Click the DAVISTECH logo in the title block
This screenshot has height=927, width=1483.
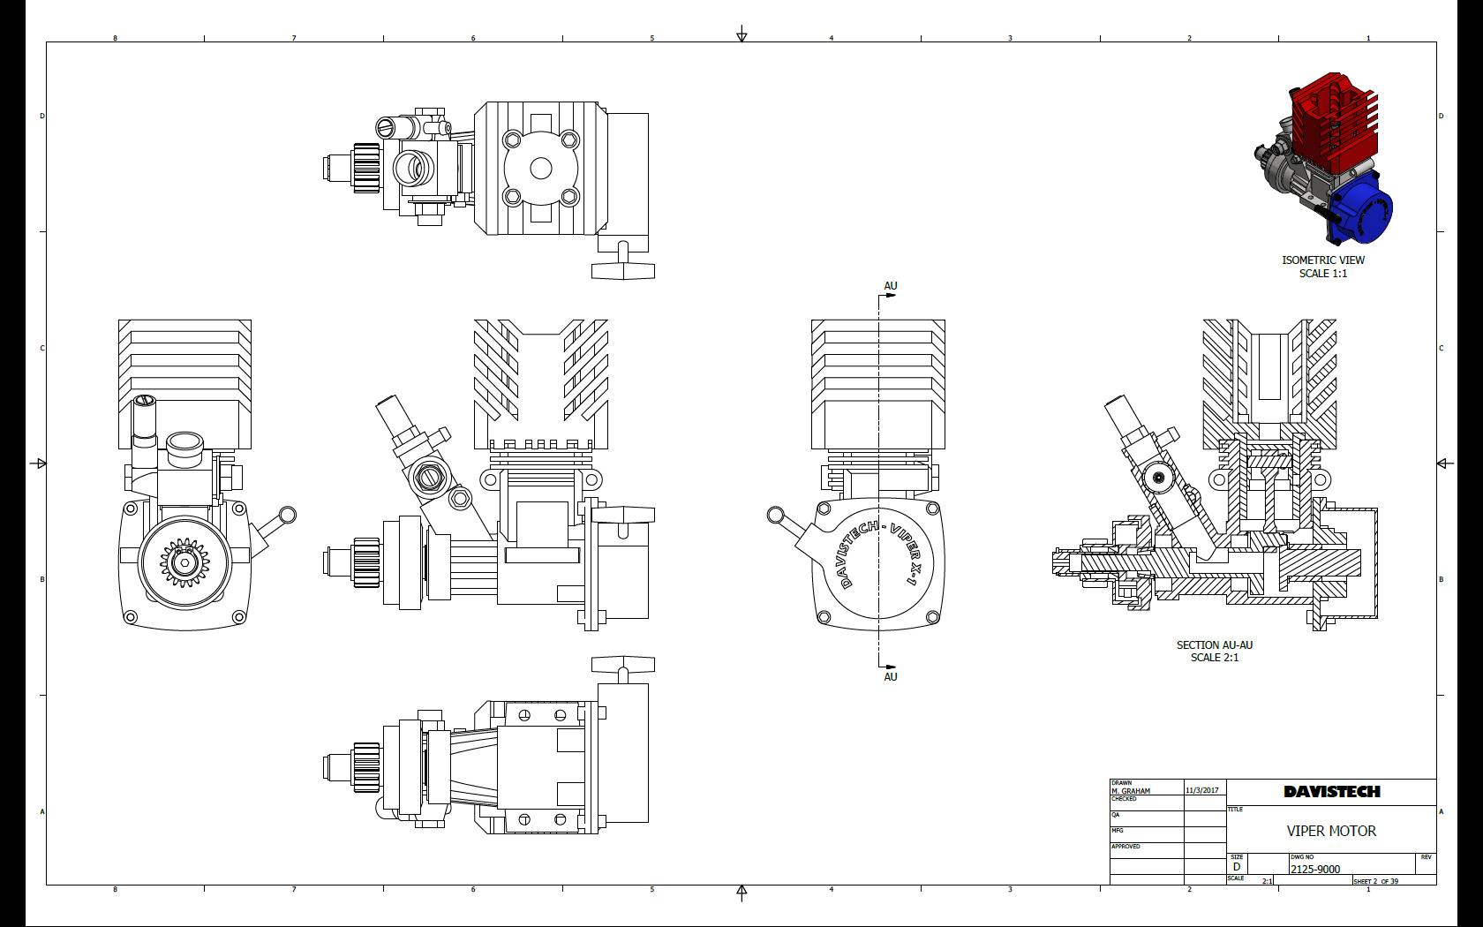(1331, 792)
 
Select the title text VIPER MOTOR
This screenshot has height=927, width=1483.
(1331, 831)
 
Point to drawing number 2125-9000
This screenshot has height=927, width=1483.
(1315, 869)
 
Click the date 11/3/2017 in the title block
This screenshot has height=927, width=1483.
(1201, 790)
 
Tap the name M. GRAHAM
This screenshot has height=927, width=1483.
(1131, 791)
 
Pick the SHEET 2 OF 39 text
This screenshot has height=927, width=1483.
(1376, 881)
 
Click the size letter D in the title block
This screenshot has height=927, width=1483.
(1237, 867)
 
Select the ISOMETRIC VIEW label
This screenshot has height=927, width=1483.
(1323, 260)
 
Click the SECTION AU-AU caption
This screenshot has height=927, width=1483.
(1214, 645)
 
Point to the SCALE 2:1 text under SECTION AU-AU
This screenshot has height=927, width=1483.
(1214, 658)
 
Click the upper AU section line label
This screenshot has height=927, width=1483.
(891, 286)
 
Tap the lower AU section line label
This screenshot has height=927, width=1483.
(891, 676)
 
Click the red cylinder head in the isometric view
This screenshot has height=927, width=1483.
(1333, 124)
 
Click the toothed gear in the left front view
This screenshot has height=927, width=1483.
(184, 561)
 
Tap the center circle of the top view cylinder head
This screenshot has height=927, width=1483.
(541, 168)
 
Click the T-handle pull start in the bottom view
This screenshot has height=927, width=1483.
(623, 664)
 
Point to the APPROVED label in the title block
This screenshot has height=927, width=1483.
(1125, 847)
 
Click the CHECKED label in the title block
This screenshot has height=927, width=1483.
(1124, 799)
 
